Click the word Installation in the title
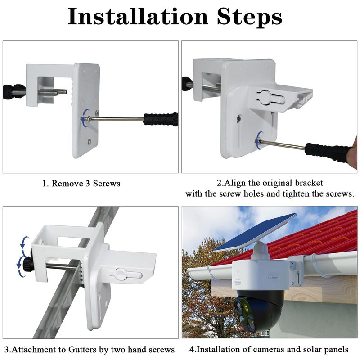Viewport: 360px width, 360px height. pyautogui.click(x=138, y=16)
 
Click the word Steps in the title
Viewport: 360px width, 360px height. pyautogui.click(x=250, y=17)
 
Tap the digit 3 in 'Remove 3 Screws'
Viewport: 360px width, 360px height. pyautogui.click(x=87, y=184)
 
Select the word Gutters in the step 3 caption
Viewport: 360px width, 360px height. pyautogui.click(x=82, y=350)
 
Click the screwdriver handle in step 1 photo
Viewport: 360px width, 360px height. pyautogui.click(x=161, y=119)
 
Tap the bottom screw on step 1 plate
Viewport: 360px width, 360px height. pyautogui.click(x=89, y=142)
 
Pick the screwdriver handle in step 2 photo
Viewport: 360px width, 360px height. pyautogui.click(x=328, y=152)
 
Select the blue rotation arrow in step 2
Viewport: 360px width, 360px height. pyautogui.click(x=259, y=140)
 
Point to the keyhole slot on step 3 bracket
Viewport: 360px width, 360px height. pyautogui.click(x=126, y=274)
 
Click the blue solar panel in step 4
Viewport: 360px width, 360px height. pyautogui.click(x=255, y=232)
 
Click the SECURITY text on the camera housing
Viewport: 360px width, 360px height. pyautogui.click(x=273, y=278)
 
